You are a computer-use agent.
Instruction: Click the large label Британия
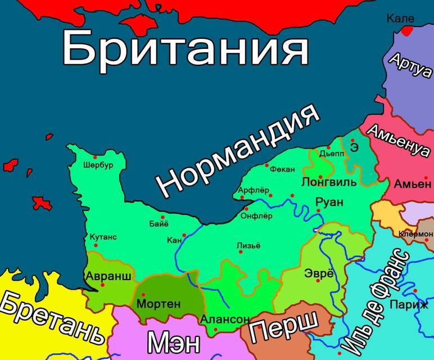[x=185, y=48]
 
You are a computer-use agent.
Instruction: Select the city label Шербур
[x=98, y=166]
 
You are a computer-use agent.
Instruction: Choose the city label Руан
[x=329, y=201]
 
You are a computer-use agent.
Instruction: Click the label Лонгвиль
[x=329, y=182]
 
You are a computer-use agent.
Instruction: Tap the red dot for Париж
[x=415, y=291]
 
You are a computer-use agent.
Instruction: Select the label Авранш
[x=108, y=276]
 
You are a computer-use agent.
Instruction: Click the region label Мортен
[x=159, y=304]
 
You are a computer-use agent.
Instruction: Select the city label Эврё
[x=319, y=274]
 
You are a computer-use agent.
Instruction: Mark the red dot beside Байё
[x=163, y=217]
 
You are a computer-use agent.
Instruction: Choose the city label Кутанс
[x=103, y=237]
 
